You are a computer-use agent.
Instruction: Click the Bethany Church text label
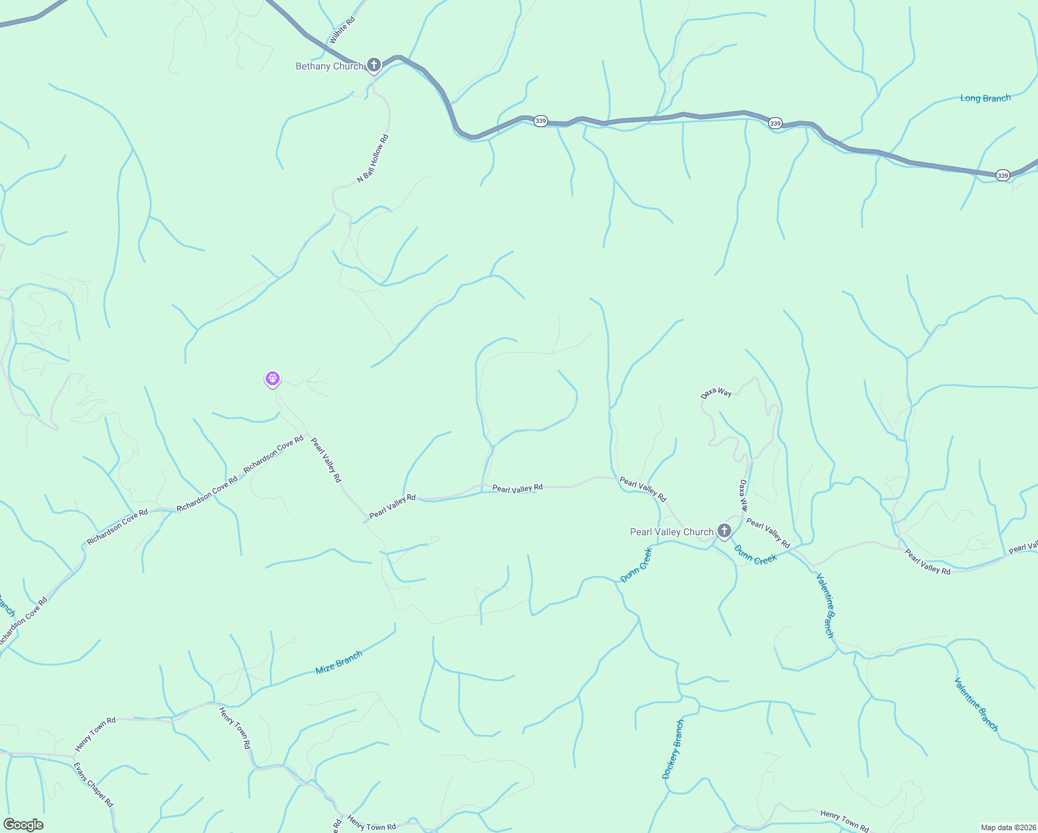(x=330, y=67)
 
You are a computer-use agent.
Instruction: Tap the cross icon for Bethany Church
(x=374, y=66)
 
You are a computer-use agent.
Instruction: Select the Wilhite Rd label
(x=342, y=31)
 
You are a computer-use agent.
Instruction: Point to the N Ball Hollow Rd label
(x=373, y=159)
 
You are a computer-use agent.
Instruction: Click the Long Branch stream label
(x=985, y=99)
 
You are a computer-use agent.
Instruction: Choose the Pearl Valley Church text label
(x=671, y=532)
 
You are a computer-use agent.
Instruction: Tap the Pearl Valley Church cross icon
(x=724, y=532)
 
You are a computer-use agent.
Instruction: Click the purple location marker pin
(x=273, y=379)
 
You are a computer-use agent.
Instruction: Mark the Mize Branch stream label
(x=339, y=662)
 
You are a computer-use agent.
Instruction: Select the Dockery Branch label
(x=673, y=749)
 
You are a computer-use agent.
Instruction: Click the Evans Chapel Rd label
(x=93, y=784)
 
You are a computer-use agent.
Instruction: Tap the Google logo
(x=23, y=825)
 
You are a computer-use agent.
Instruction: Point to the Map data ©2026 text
(x=1007, y=827)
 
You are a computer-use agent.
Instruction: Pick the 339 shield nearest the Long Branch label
(x=1003, y=176)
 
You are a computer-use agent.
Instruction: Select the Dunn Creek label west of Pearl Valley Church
(x=636, y=565)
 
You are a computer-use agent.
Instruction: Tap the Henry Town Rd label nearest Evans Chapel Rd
(x=95, y=735)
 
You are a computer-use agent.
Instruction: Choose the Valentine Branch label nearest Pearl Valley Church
(x=825, y=605)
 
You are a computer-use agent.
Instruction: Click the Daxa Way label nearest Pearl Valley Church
(x=743, y=495)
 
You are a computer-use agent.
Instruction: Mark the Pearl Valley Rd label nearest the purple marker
(x=325, y=460)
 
